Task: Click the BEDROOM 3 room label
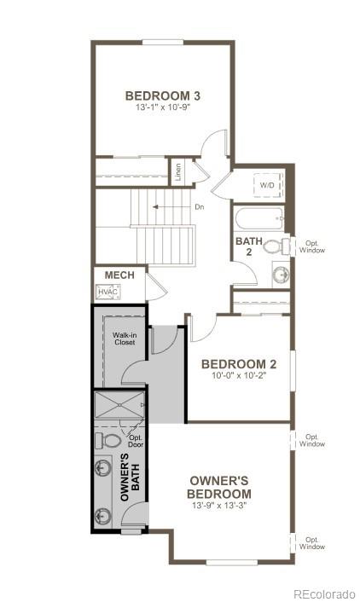[x=162, y=96]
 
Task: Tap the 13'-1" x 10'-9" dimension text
[x=162, y=109]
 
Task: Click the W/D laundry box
[x=268, y=185]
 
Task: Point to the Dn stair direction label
[x=199, y=207]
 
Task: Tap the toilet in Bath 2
[x=275, y=247]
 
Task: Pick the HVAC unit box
[x=107, y=292]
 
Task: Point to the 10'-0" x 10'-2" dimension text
[x=235, y=376]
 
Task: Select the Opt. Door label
[x=136, y=441]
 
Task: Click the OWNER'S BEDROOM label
[x=220, y=487]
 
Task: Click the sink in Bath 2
[x=279, y=274]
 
